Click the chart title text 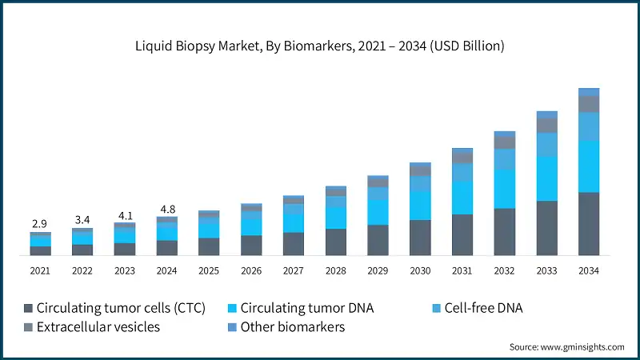click(320, 46)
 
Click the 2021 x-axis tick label click(40, 271)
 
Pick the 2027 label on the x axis click(293, 271)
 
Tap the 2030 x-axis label click(420, 271)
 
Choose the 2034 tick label click(589, 271)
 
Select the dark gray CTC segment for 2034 click(589, 224)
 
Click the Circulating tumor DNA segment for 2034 click(589, 166)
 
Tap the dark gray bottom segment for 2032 click(505, 232)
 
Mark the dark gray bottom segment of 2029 click(378, 240)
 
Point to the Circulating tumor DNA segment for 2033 click(546, 178)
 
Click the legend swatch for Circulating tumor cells click(29, 308)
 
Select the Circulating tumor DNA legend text click(306, 308)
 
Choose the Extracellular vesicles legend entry click(97, 327)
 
